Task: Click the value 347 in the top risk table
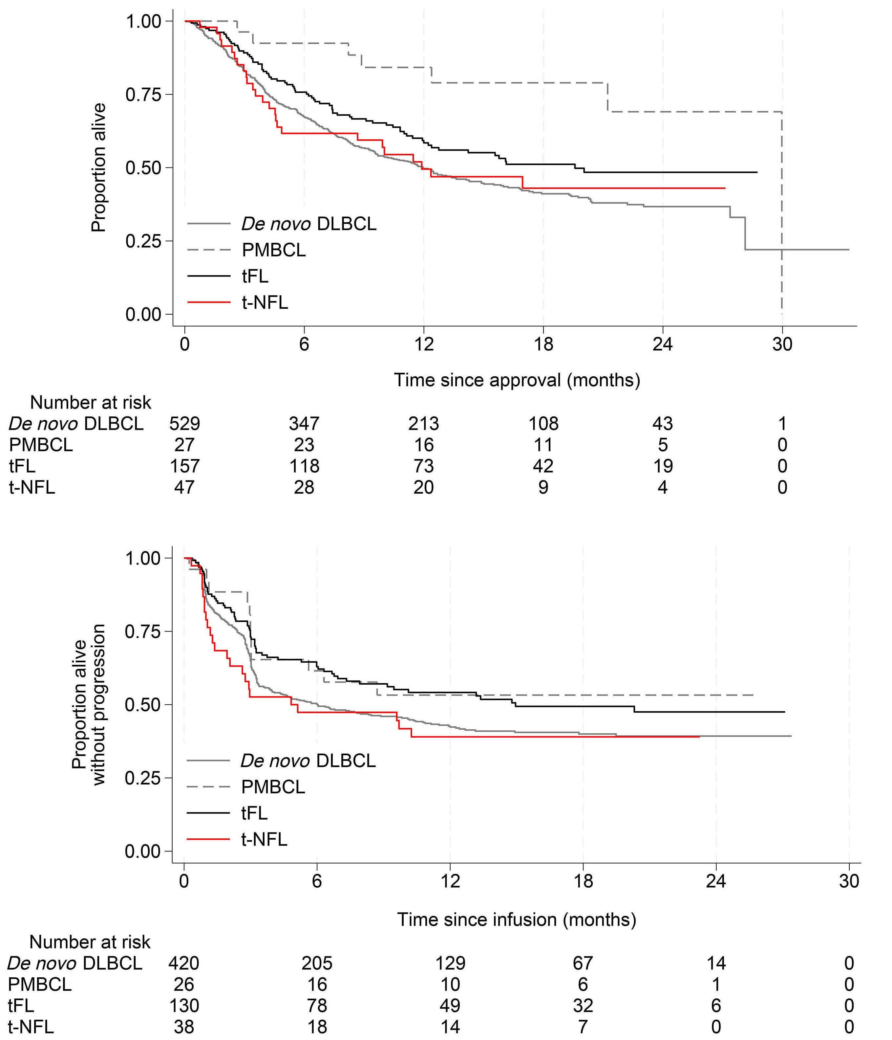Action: point(304,424)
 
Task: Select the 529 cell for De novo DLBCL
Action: point(185,424)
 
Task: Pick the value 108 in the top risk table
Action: point(543,424)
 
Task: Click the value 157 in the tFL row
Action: point(185,466)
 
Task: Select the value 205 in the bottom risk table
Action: point(317,963)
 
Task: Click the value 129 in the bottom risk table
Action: point(450,963)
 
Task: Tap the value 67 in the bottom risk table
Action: point(583,963)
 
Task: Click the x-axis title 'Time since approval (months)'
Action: point(517,380)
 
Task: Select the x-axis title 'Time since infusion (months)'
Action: point(517,919)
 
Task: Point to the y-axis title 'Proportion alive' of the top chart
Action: point(99,168)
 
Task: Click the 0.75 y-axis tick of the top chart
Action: point(142,94)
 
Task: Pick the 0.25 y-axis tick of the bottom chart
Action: point(142,778)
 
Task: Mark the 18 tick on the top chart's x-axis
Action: point(543,344)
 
